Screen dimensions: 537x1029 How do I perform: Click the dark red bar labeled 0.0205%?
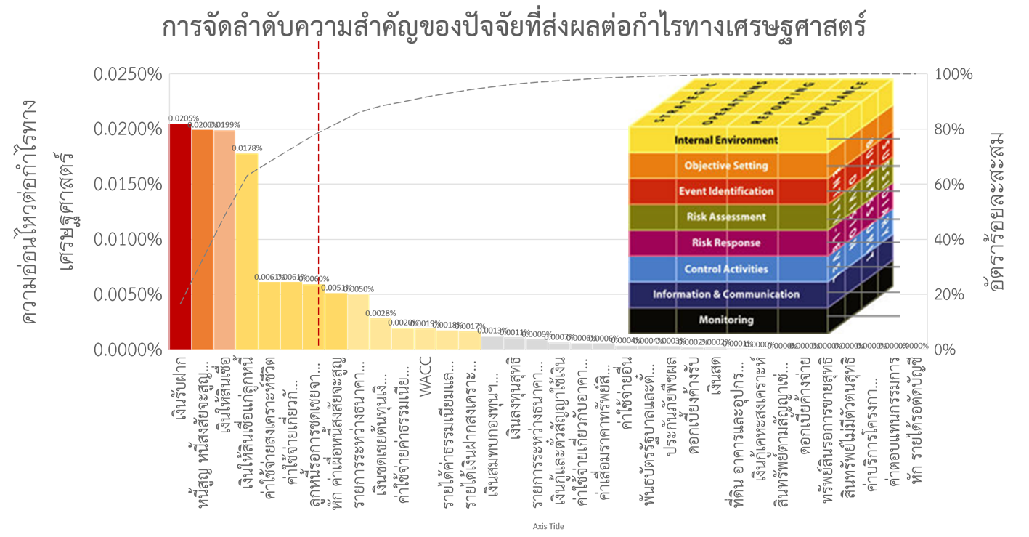pyautogui.click(x=180, y=236)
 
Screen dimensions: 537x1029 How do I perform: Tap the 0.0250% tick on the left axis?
pyautogui.click(x=129, y=75)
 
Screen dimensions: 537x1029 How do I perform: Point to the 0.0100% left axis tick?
pyautogui.click(x=129, y=240)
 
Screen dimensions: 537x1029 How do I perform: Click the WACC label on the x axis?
pyautogui.click(x=426, y=371)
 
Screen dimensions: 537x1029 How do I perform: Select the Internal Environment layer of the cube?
pyautogui.click(x=725, y=140)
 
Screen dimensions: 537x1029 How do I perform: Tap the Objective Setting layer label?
pyautogui.click(x=725, y=166)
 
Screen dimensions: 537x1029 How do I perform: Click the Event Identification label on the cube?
pyautogui.click(x=725, y=191)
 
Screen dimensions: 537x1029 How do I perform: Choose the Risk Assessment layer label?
pyautogui.click(x=725, y=217)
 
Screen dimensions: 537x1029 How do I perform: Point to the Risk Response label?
pyautogui.click(x=725, y=243)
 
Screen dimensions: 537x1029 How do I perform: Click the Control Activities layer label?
pyautogui.click(x=725, y=269)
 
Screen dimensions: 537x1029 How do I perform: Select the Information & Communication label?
pyautogui.click(x=725, y=294)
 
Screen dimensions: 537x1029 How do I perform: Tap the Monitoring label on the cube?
pyautogui.click(x=725, y=320)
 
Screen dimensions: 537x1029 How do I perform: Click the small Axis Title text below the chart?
pyautogui.click(x=548, y=526)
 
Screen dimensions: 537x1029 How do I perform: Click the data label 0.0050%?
pyautogui.click(x=359, y=289)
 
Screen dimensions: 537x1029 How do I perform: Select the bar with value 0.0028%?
pyautogui.click(x=381, y=334)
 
